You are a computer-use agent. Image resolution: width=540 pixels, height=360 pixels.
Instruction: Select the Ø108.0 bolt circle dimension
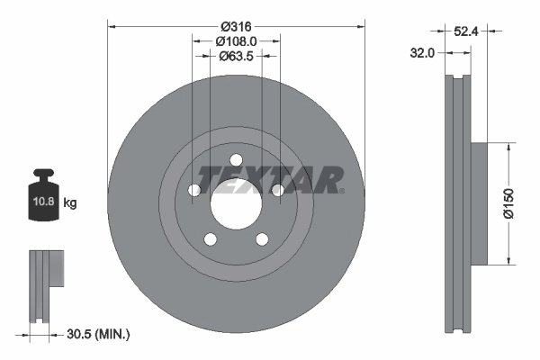[237, 40]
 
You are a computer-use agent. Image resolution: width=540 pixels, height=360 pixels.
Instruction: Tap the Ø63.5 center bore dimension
[237, 56]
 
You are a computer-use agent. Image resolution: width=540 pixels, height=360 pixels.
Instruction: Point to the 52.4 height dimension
[465, 31]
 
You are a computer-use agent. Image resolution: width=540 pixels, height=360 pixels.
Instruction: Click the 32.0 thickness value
[423, 53]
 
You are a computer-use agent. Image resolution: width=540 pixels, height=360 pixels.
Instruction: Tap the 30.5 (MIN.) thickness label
[99, 334]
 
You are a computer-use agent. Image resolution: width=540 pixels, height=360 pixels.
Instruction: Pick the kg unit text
[70, 204]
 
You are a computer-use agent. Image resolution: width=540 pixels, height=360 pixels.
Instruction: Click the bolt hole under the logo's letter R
[278, 191]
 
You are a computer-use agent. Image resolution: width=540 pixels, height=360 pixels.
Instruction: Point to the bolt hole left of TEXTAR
[193, 191]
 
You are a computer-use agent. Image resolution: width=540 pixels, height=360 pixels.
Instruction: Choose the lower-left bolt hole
[210, 239]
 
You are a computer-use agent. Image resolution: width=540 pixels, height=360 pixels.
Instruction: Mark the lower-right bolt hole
[262, 239]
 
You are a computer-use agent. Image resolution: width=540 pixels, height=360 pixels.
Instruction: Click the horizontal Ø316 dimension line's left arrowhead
[112, 25]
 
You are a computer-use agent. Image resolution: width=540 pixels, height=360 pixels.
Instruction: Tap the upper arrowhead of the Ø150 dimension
[509, 145]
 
